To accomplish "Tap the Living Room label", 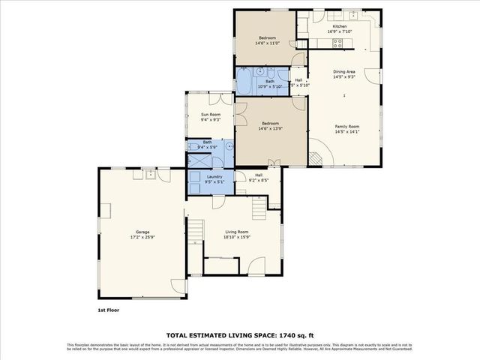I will pos(236,232).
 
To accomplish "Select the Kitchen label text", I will pos(340,26).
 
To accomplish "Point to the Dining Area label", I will pos(344,72).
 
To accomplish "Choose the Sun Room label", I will pos(210,114).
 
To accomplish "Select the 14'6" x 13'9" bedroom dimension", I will pos(270,129).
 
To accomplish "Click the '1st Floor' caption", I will pos(108,309).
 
